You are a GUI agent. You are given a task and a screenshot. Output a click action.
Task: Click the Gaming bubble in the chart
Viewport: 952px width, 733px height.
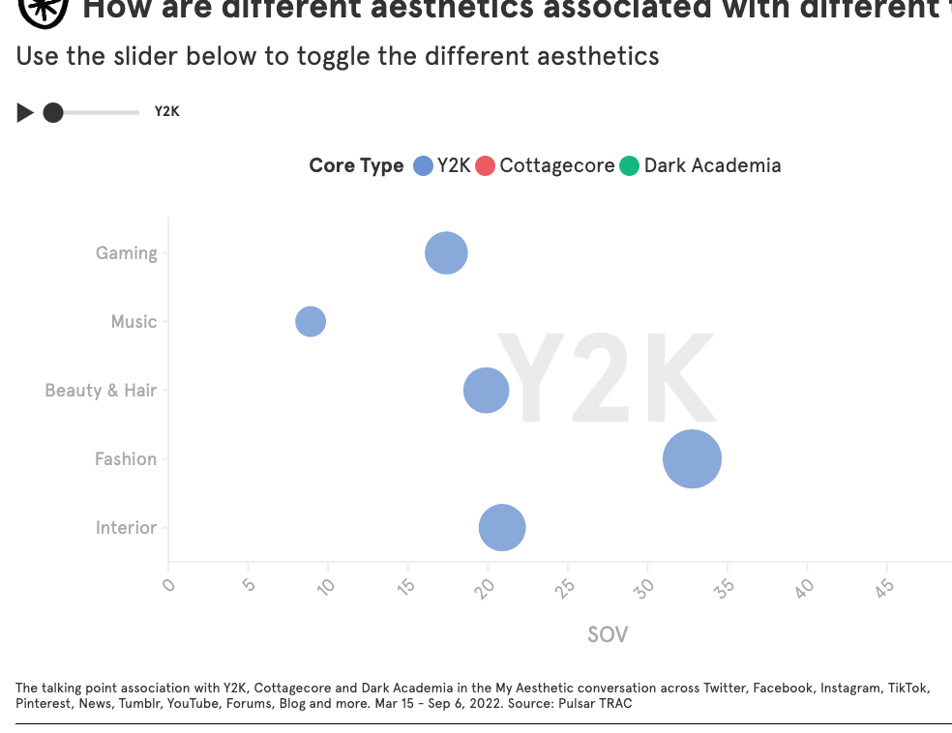[446, 253]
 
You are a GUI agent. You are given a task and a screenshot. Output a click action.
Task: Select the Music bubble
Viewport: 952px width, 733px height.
[310, 321]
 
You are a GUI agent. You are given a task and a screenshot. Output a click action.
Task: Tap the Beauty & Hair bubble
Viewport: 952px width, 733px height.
[486, 391]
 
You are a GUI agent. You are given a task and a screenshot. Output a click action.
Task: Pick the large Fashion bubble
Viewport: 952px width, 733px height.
[692, 459]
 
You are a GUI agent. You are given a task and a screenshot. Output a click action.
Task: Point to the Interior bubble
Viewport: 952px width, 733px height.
[502, 528]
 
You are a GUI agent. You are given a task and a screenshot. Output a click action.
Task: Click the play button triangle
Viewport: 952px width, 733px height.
[25, 113]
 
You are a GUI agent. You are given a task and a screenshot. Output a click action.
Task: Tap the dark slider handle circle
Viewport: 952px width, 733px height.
[53, 113]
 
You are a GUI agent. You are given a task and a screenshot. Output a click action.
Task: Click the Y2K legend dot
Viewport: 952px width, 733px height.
[423, 165]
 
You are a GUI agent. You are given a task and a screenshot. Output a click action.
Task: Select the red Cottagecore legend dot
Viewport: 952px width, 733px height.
[486, 165]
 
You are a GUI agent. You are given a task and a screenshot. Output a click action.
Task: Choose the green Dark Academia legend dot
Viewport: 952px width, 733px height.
[630, 165]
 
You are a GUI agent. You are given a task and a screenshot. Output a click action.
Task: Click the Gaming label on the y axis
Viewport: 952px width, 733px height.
[126, 253]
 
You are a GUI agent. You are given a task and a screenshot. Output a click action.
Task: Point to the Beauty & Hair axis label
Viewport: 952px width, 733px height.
[101, 391]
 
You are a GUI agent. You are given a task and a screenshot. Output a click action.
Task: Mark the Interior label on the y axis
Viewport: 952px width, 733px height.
[126, 528]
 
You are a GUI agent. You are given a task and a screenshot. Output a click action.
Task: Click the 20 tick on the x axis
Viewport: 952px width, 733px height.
[486, 586]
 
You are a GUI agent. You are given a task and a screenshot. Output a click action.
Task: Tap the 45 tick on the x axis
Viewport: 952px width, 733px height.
[884, 586]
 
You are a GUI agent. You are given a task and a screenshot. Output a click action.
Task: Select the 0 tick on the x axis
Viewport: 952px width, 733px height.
[169, 584]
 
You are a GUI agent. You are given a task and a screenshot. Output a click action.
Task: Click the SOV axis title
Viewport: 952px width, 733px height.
[608, 634]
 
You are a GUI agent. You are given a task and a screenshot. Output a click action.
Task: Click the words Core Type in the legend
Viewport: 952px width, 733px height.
[356, 165]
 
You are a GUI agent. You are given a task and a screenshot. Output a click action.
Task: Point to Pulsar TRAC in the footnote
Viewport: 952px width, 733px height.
[595, 703]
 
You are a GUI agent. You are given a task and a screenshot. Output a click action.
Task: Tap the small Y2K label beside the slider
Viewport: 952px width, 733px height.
[167, 112]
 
